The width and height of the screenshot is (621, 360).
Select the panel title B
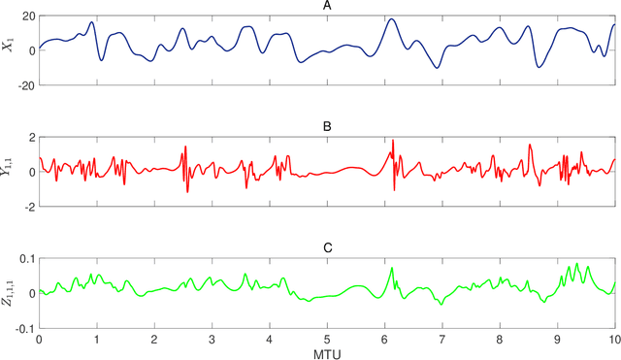[327, 126]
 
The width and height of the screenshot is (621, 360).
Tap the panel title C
[327, 247]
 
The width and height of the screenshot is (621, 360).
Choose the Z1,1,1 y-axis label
[9, 293]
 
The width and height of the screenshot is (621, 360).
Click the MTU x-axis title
[327, 354]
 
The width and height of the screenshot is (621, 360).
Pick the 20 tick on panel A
[26, 16]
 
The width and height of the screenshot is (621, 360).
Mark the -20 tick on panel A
[24, 85]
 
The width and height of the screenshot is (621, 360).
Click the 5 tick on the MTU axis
[327, 340]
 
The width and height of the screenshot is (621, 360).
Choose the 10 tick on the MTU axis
[614, 340]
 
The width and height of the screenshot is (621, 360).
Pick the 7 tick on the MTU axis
[442, 340]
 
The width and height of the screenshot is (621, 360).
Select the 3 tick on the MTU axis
[212, 340]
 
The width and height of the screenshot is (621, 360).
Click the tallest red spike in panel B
[393, 142]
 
